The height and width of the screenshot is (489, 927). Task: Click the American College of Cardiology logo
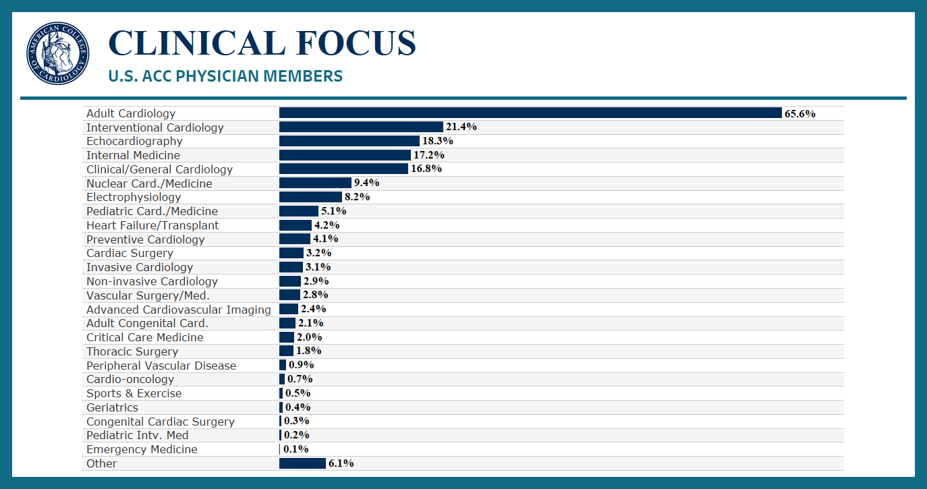pyautogui.click(x=58, y=53)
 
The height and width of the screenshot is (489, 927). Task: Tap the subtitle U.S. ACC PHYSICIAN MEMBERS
pyautogui.click(x=225, y=76)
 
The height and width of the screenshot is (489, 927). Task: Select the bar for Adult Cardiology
pyautogui.click(x=530, y=113)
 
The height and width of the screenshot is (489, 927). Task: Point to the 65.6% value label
pyautogui.click(x=800, y=113)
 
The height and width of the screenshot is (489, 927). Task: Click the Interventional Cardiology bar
pyautogui.click(x=361, y=127)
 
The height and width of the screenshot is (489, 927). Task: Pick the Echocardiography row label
pyautogui.click(x=134, y=141)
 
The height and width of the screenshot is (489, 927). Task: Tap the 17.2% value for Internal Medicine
pyautogui.click(x=428, y=155)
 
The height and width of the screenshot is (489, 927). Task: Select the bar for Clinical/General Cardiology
pyautogui.click(x=343, y=169)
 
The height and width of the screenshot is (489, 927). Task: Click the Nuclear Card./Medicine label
pyautogui.click(x=149, y=183)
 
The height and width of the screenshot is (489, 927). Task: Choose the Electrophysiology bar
pyautogui.click(x=310, y=197)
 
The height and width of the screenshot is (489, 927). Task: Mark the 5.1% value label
pyautogui.click(x=334, y=211)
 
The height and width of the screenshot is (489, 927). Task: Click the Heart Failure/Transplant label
pyautogui.click(x=152, y=225)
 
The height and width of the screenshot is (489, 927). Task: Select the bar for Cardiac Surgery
pyautogui.click(x=291, y=253)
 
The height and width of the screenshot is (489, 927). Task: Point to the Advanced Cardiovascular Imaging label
pyautogui.click(x=179, y=310)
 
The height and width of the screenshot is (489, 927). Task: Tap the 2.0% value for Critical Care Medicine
pyautogui.click(x=310, y=337)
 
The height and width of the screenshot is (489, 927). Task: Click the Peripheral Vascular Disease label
pyautogui.click(x=161, y=366)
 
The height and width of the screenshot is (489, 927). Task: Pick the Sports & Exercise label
pyautogui.click(x=134, y=393)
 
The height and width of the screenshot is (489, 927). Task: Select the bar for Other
pyautogui.click(x=302, y=463)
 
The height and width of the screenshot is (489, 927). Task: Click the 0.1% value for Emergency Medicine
pyautogui.click(x=296, y=449)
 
